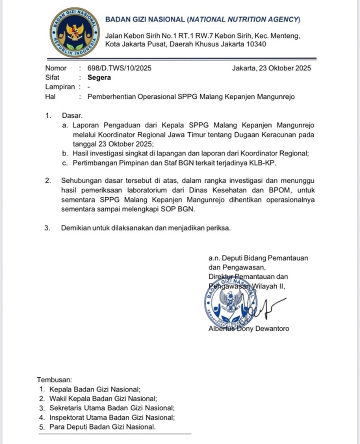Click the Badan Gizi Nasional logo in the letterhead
pyautogui.click(x=74, y=32)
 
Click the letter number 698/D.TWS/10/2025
pyautogui.click(x=119, y=68)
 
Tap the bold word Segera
pyautogui.click(x=99, y=77)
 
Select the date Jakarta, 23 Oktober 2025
pyautogui.click(x=271, y=68)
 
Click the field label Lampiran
pyautogui.click(x=59, y=87)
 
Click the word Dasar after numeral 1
pyautogui.click(x=71, y=115)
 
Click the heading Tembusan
pyautogui.click(x=54, y=379)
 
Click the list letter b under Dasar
pyautogui.click(x=65, y=153)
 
